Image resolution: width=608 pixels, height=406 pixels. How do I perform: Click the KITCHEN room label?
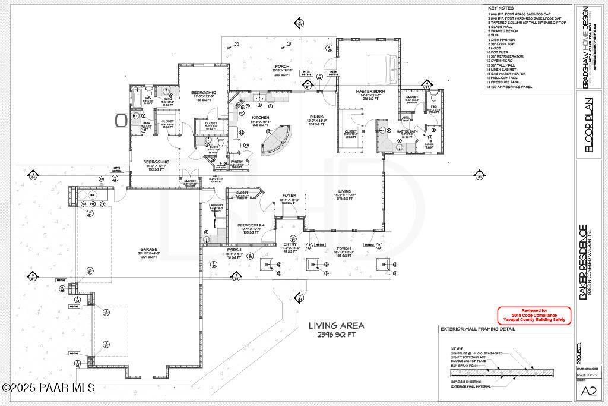[261, 118]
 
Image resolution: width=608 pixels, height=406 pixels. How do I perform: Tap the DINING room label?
[315, 117]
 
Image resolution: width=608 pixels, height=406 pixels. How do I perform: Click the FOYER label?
[289, 195]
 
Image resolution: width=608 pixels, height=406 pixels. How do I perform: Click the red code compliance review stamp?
[534, 315]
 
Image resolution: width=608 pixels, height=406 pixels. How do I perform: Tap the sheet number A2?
[588, 391]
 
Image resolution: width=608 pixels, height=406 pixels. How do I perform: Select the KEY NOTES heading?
[500, 8]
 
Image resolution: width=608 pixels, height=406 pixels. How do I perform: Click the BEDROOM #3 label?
[157, 161]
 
